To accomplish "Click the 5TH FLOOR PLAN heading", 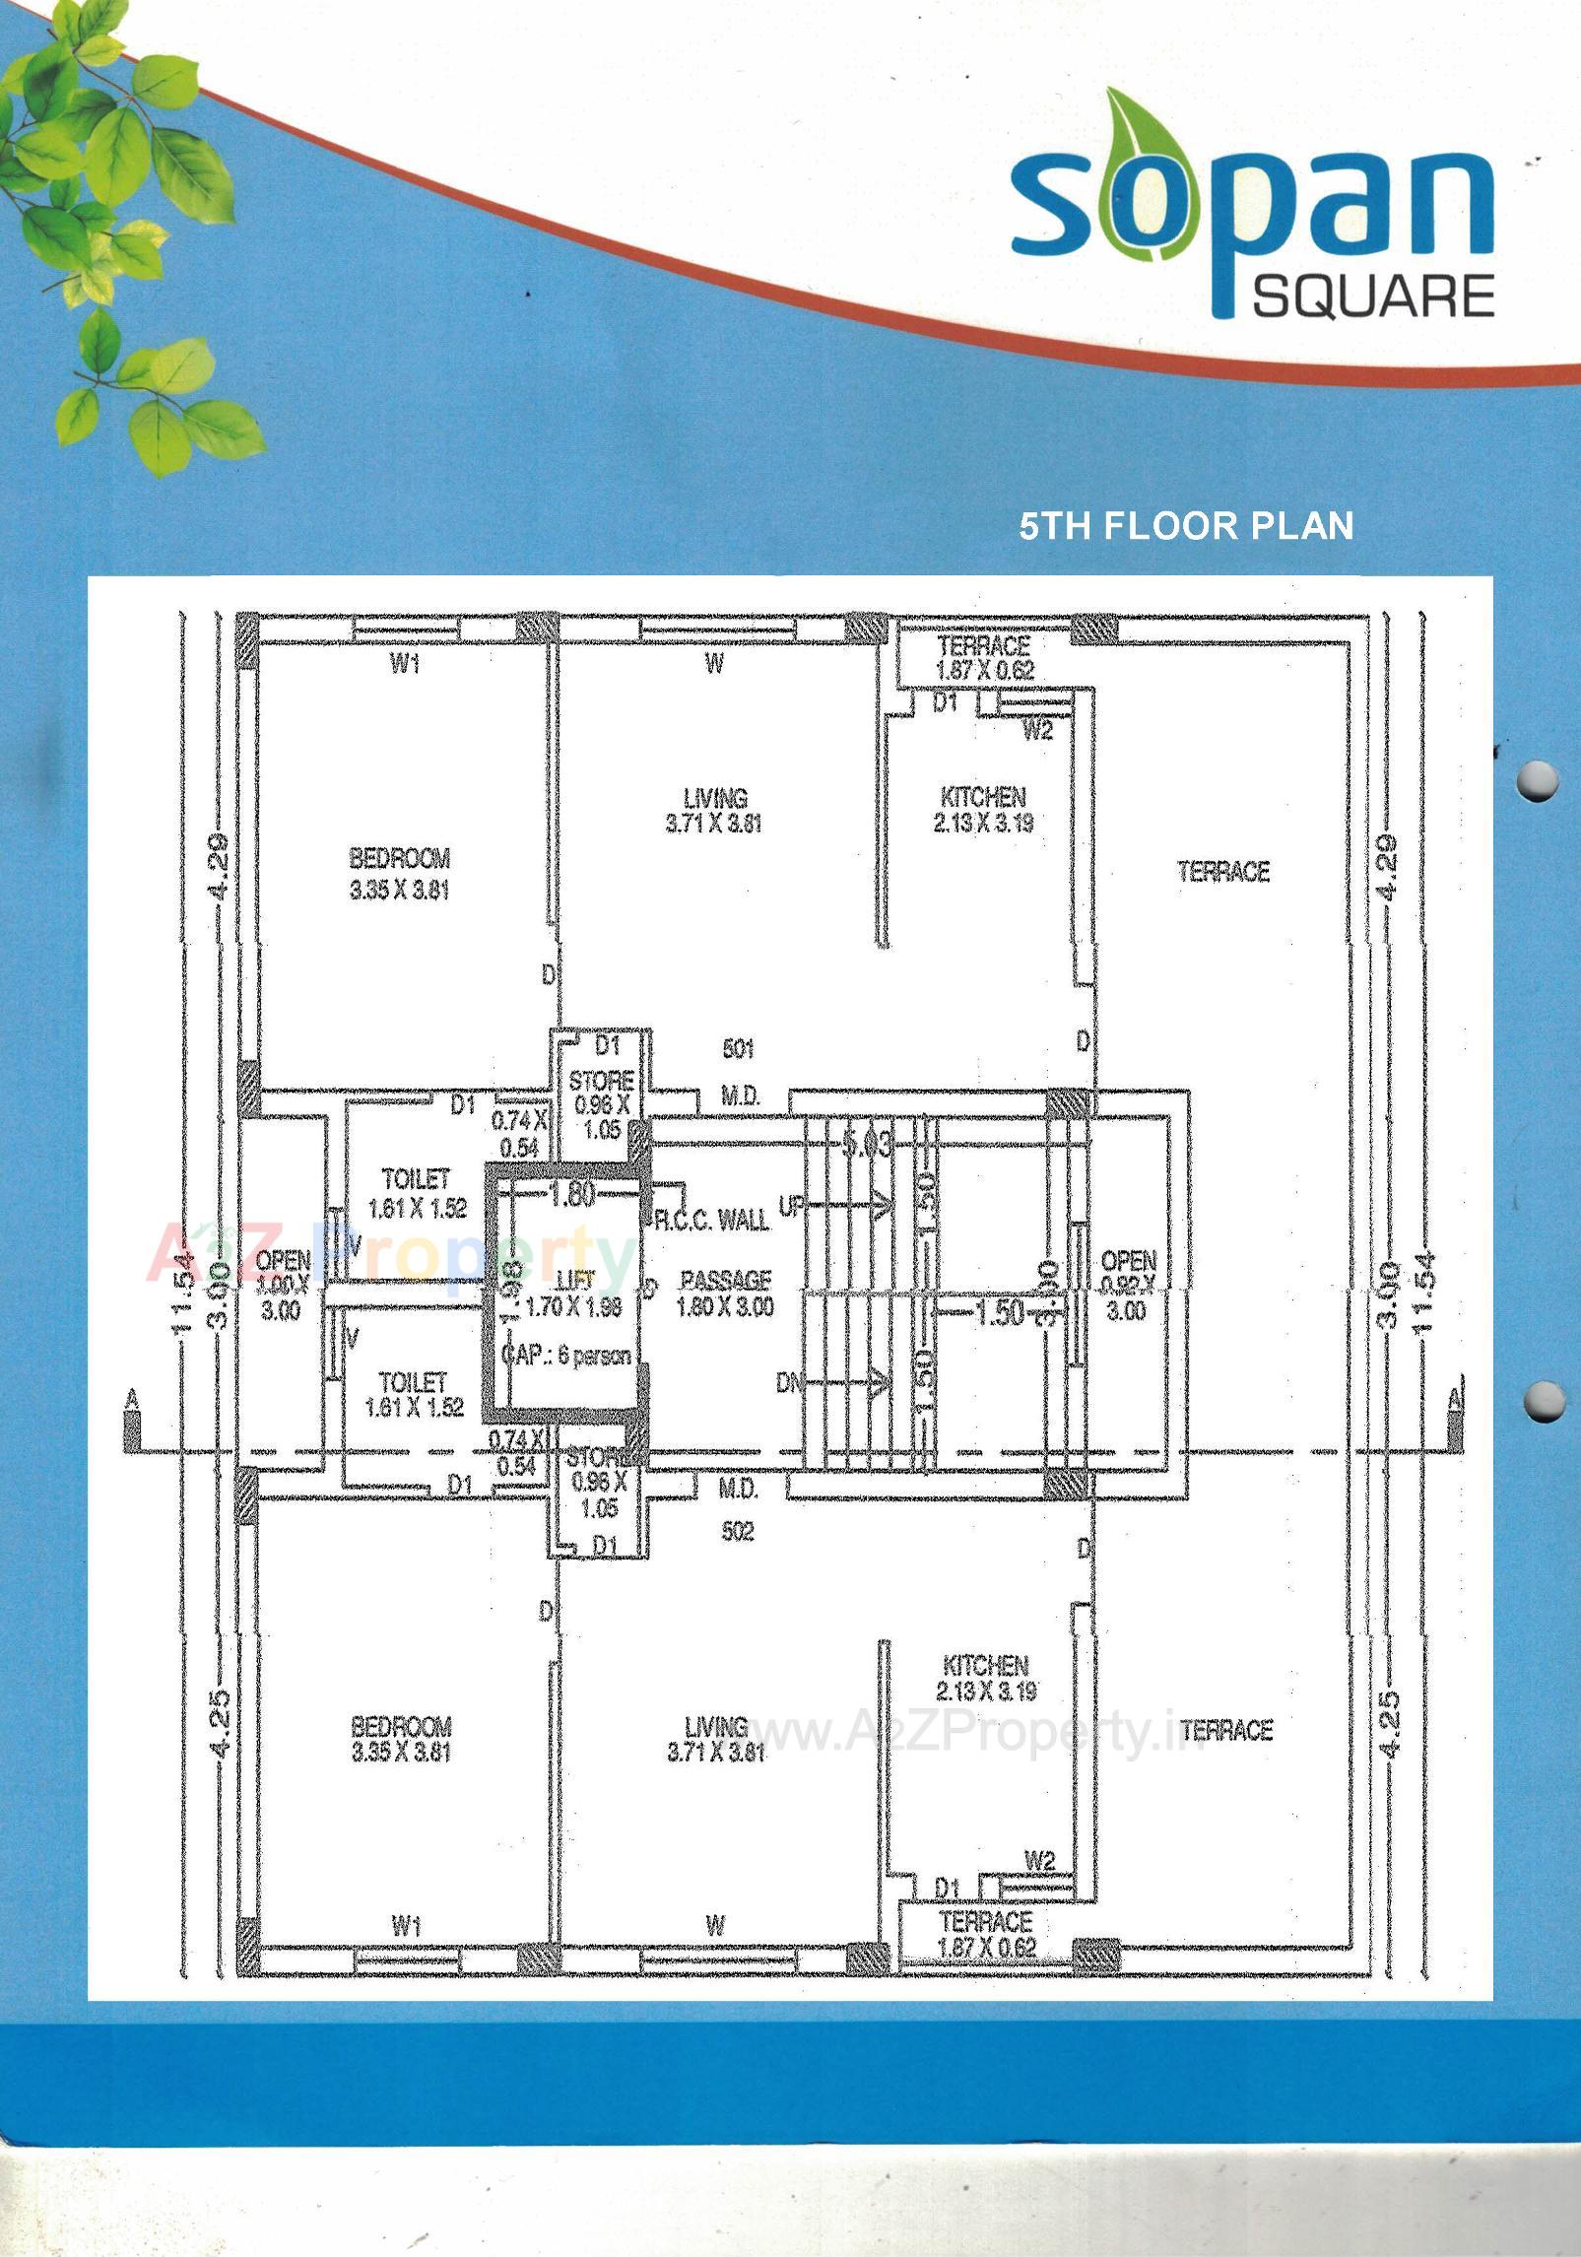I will (1186, 526).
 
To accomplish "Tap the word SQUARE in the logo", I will (1373, 296).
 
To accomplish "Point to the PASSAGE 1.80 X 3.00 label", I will (725, 1294).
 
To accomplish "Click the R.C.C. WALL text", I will (711, 1220).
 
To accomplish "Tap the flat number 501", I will (738, 1048).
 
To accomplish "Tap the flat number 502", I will (737, 1531).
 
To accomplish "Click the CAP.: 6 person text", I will (567, 1356).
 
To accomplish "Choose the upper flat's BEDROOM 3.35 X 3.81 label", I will (399, 874).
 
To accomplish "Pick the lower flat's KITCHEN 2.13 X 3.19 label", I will (985, 1679).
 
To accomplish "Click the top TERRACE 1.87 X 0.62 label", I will (984, 658).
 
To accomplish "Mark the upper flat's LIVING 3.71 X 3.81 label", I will (714, 811).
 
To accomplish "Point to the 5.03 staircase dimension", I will (867, 1144).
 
